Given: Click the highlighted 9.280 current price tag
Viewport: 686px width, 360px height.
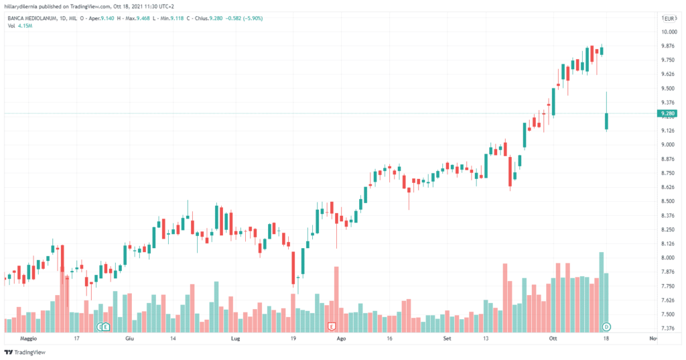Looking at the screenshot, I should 667,113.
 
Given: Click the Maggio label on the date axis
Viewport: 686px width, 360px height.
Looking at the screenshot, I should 28,339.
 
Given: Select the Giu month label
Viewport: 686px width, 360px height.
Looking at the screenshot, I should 130,339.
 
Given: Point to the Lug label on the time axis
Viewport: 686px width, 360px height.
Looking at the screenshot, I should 235,339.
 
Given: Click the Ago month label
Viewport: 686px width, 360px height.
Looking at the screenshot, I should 341,339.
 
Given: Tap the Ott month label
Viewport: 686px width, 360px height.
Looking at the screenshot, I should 553,339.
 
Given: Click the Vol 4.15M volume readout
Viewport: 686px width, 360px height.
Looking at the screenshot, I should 21,26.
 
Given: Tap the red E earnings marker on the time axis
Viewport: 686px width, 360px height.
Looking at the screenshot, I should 331,326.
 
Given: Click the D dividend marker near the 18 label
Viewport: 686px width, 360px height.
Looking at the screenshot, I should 606,326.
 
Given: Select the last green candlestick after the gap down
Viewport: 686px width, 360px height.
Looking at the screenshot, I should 606,121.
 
